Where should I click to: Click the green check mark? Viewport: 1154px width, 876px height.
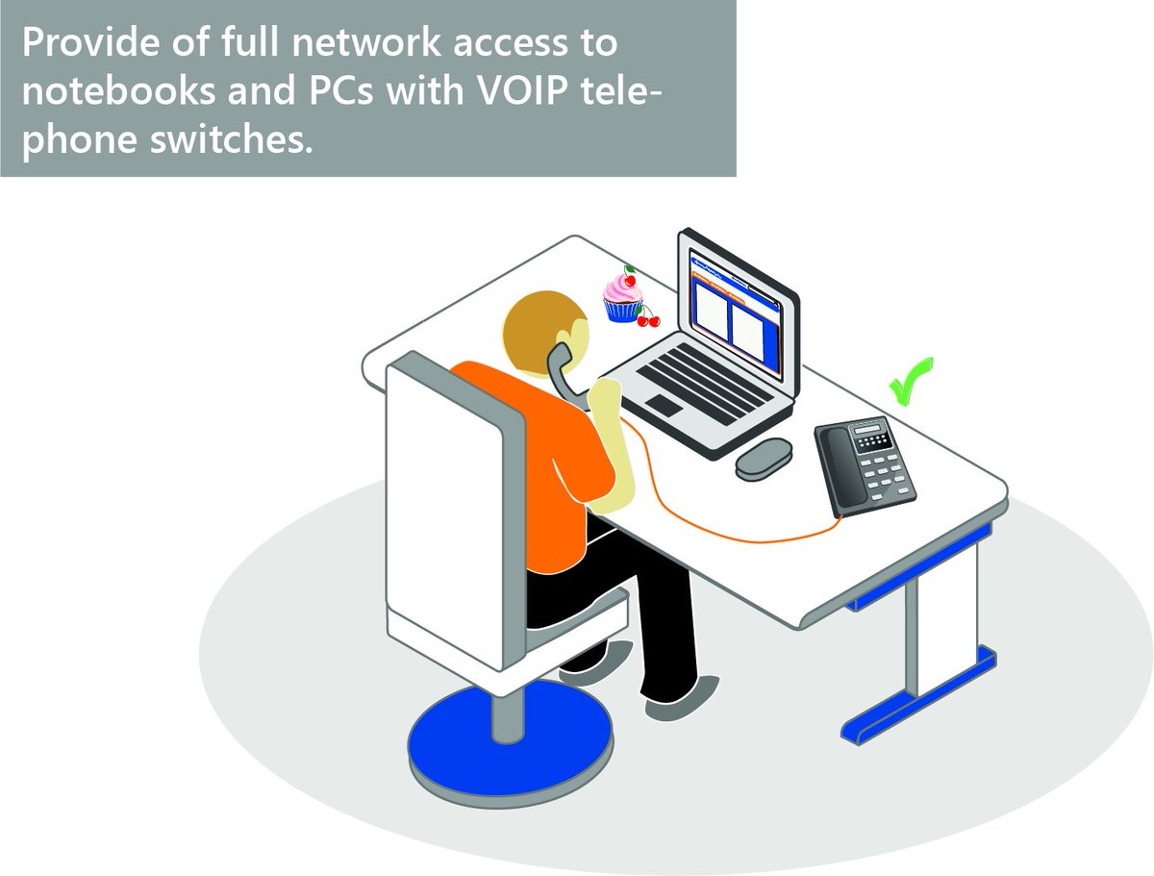coord(908,381)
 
